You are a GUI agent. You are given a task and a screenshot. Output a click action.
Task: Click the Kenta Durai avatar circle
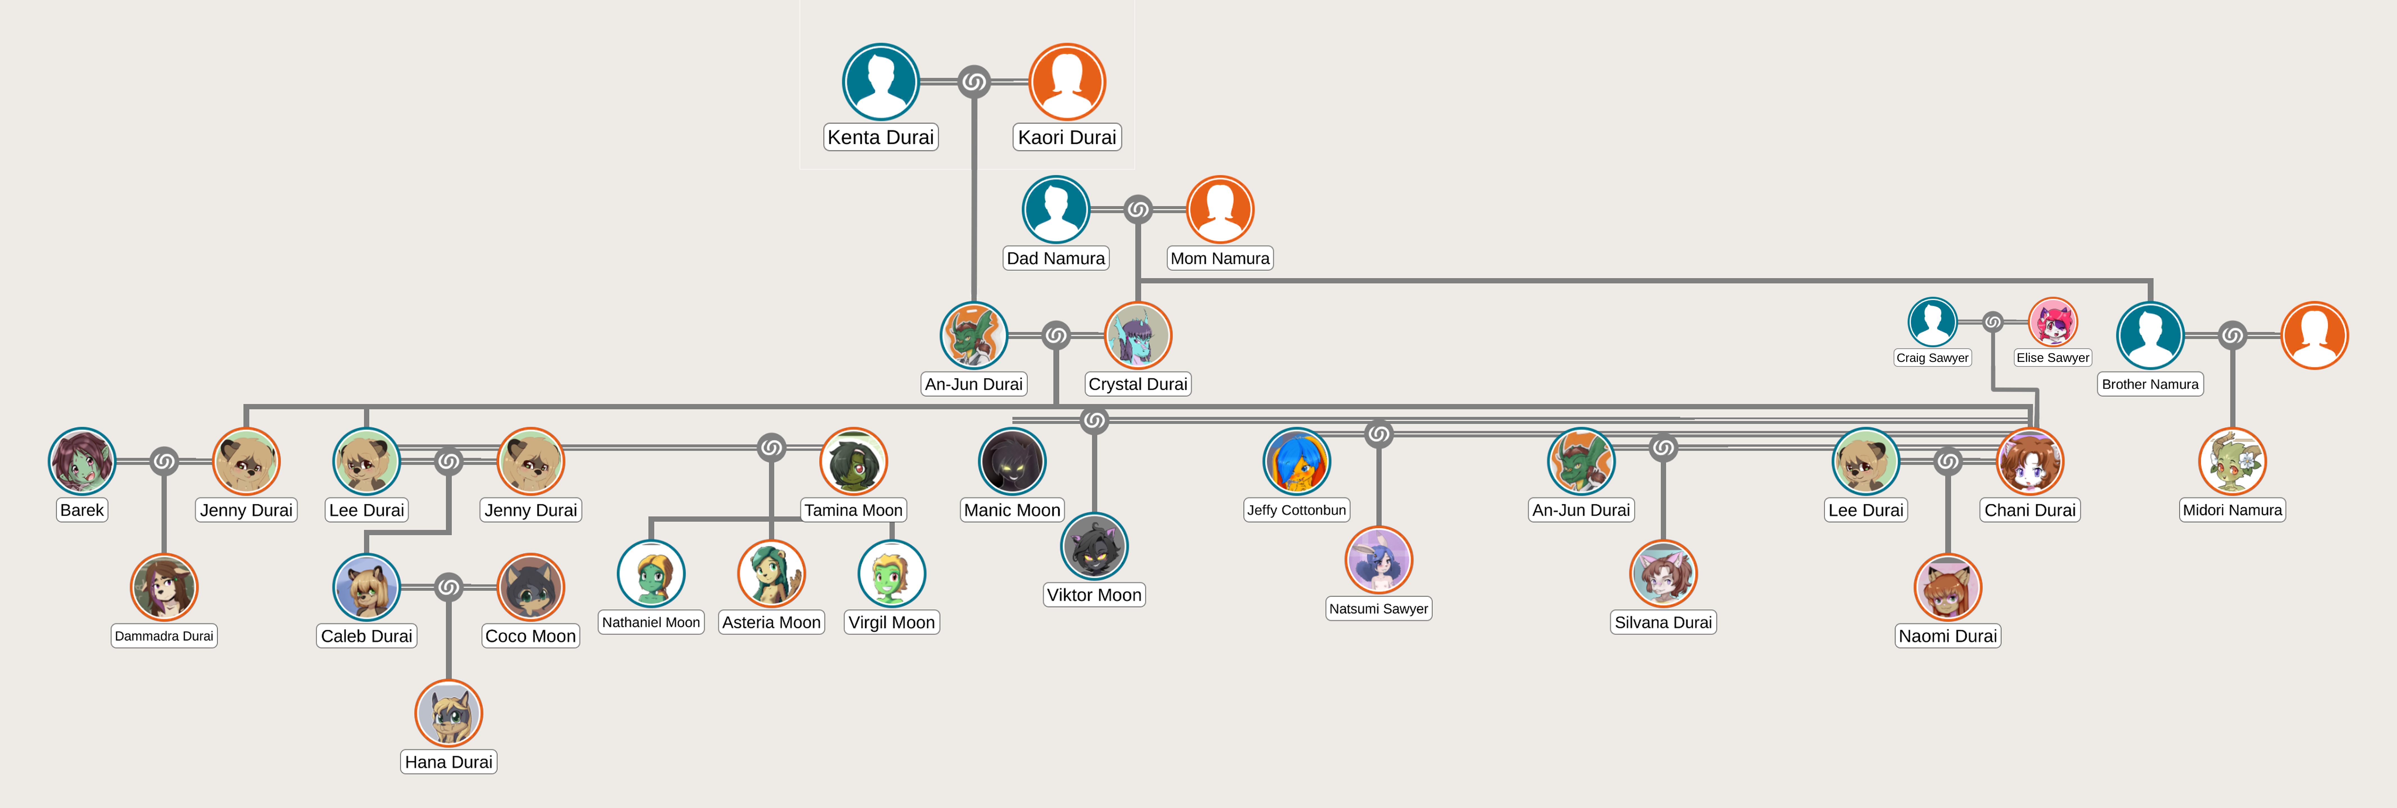click(x=880, y=82)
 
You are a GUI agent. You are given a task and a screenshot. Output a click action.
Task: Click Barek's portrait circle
click(x=82, y=461)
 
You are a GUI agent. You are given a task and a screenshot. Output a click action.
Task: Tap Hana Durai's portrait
click(x=449, y=713)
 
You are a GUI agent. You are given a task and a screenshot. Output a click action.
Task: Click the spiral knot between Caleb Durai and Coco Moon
click(x=449, y=587)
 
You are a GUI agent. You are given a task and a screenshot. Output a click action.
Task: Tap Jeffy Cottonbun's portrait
click(x=1296, y=461)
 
